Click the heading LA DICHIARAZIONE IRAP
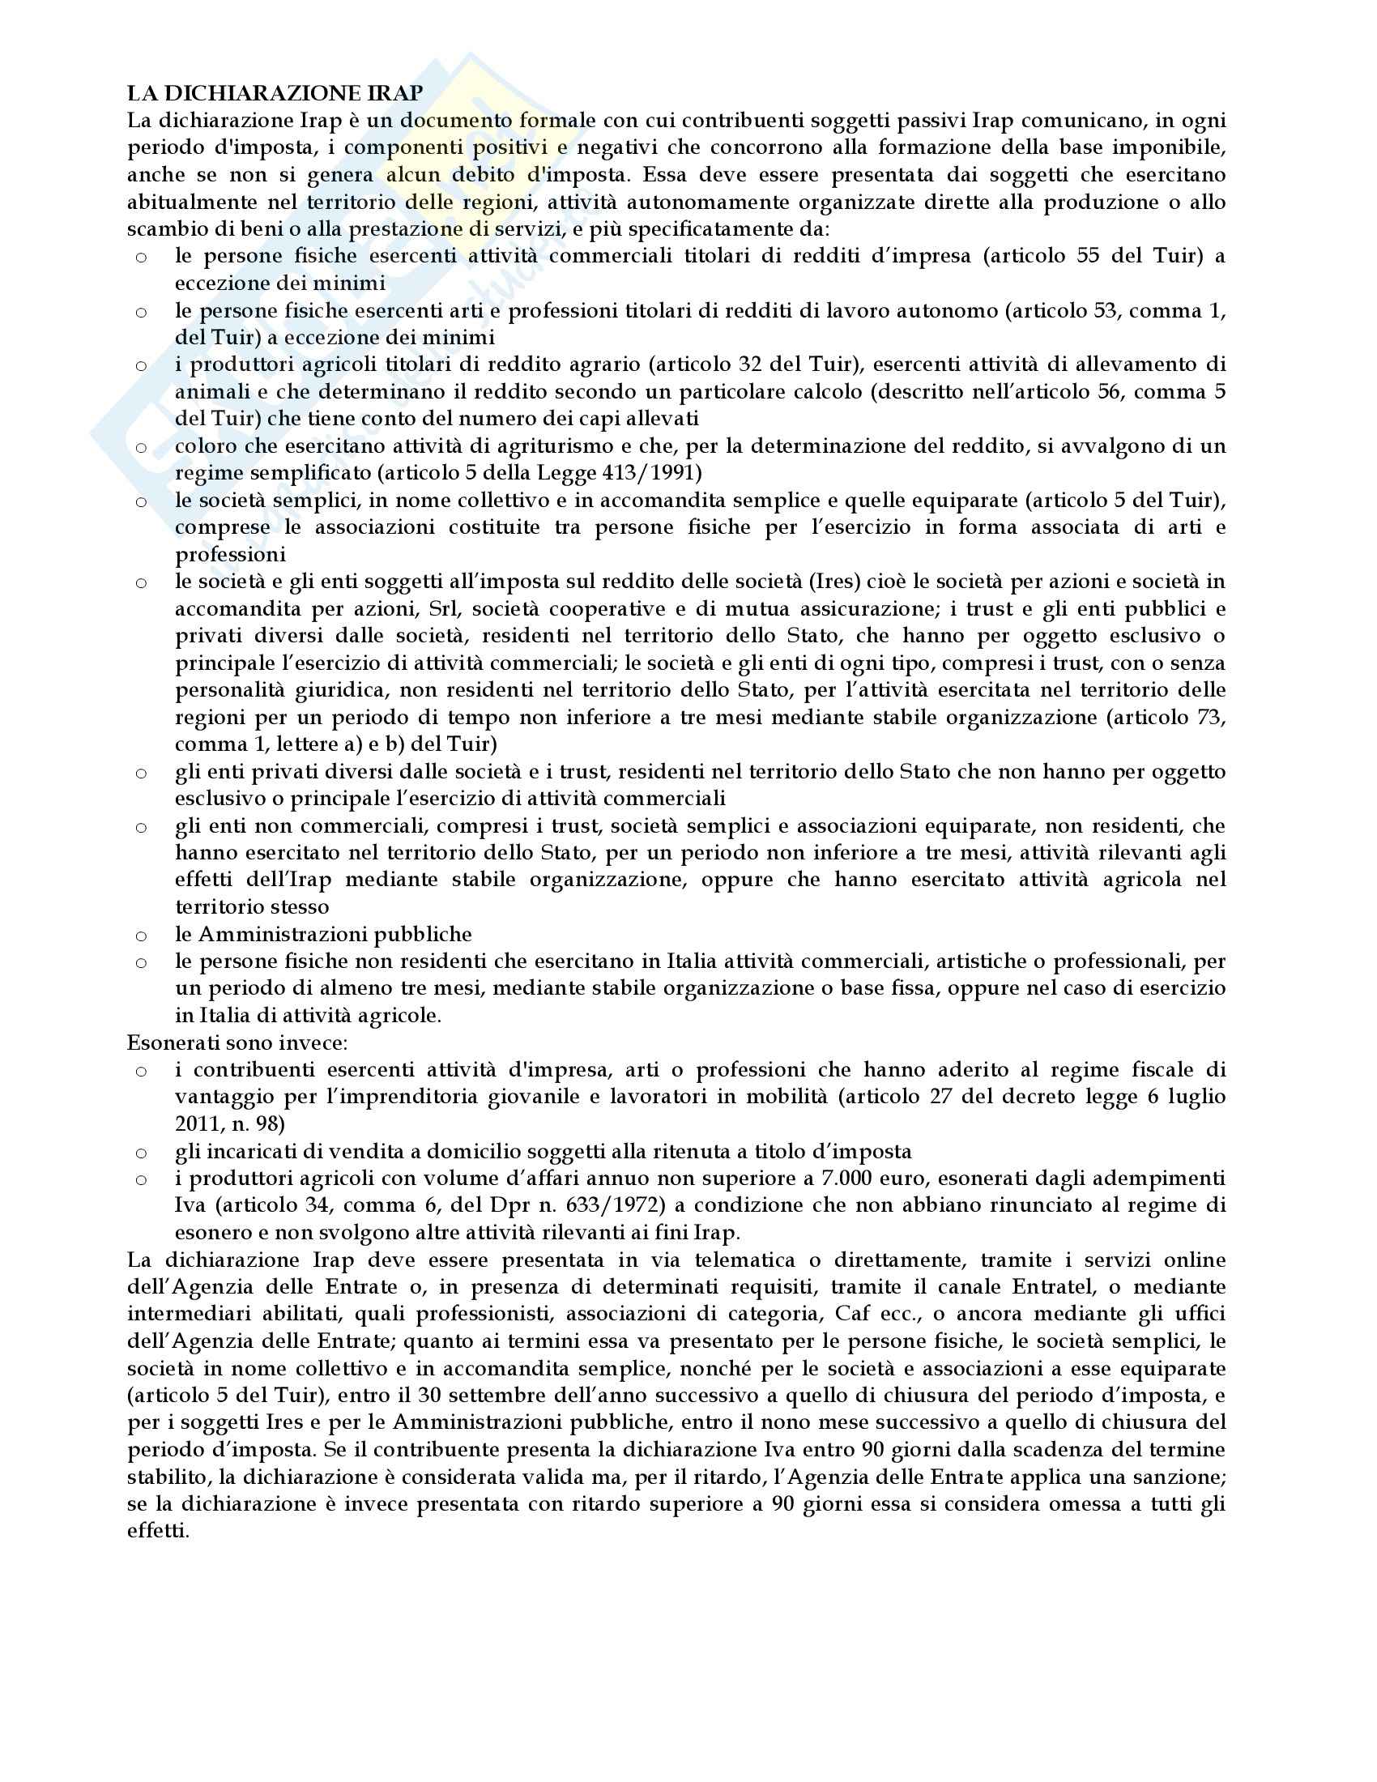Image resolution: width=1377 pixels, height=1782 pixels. tap(275, 94)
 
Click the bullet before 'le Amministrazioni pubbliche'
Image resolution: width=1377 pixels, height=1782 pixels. tap(141, 936)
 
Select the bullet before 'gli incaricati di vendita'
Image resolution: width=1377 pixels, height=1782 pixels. tap(141, 1153)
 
